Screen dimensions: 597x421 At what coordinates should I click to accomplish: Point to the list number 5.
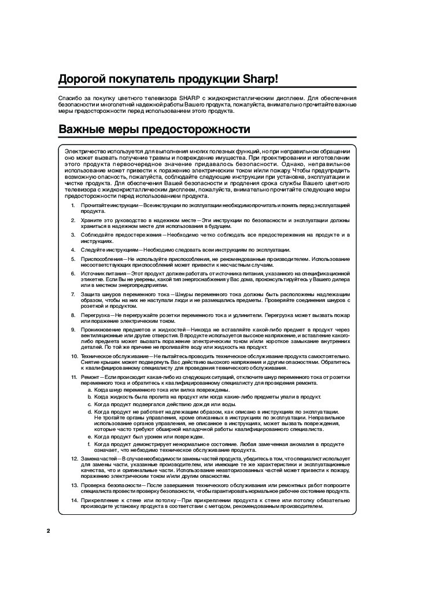[73, 259]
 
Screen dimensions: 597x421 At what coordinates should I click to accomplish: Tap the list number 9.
[73, 329]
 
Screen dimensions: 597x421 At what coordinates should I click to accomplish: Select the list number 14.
[74, 499]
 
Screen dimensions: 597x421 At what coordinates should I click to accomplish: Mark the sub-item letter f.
[89, 444]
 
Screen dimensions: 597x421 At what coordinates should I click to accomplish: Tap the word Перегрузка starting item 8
[97, 315]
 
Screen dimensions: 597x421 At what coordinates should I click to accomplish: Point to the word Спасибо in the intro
[70, 98]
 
